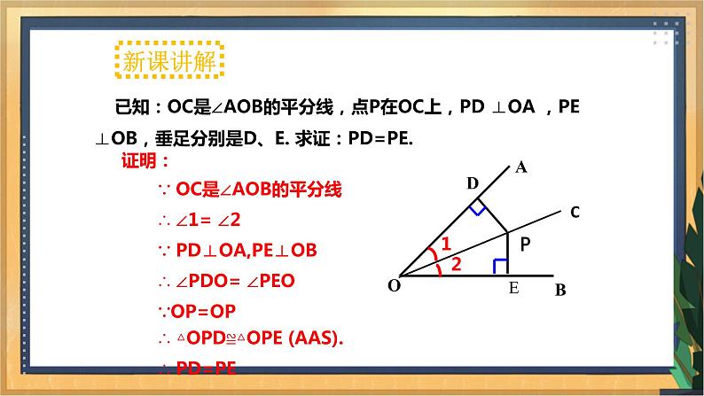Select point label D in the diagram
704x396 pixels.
tap(473, 183)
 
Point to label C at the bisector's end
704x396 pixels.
tap(575, 213)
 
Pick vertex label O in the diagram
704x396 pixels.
tap(394, 285)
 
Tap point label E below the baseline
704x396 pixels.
tap(512, 289)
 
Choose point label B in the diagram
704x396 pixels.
tap(559, 290)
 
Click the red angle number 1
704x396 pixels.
tap(446, 243)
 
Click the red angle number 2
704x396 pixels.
tap(455, 263)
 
